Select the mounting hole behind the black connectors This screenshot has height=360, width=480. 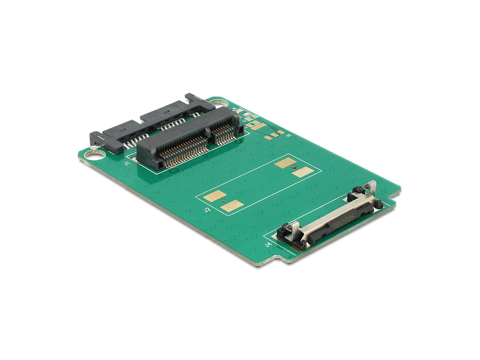[218, 103]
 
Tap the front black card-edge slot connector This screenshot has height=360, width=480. [187, 139]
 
